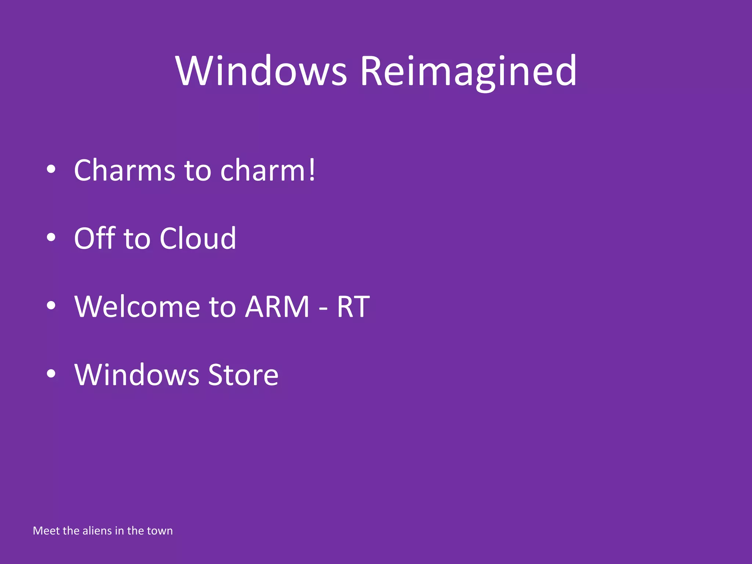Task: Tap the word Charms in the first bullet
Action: [x=124, y=170]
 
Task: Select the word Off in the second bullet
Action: [x=95, y=238]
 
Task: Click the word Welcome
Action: [x=137, y=307]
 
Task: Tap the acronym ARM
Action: [x=277, y=307]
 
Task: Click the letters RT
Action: [x=353, y=307]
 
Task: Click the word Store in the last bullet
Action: [x=243, y=375]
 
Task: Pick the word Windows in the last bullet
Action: [x=137, y=375]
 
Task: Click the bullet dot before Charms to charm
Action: [x=51, y=169]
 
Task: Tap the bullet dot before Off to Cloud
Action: [x=51, y=238]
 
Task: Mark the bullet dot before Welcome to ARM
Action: [x=51, y=305]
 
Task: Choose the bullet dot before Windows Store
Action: [x=51, y=374]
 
